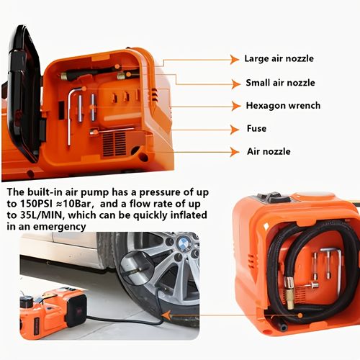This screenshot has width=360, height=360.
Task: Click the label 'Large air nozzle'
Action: (x=279, y=58)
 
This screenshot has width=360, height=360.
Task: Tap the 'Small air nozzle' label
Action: (x=280, y=83)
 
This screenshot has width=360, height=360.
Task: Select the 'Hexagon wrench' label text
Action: (x=283, y=106)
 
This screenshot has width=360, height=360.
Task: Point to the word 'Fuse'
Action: (x=256, y=128)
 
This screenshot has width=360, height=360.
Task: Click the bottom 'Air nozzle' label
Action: (x=269, y=151)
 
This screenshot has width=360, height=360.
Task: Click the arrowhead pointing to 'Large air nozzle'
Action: (x=235, y=60)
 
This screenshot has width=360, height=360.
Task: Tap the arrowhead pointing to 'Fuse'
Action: (x=235, y=130)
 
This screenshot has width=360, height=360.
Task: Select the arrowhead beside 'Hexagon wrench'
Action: (x=236, y=106)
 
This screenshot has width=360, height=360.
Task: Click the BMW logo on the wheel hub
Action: (x=184, y=243)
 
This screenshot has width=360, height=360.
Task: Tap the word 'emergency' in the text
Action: (x=59, y=227)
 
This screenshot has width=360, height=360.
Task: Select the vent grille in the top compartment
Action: (x=114, y=143)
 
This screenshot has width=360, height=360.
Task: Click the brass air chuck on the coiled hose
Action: (x=289, y=293)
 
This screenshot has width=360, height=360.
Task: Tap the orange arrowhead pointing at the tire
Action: (x=167, y=315)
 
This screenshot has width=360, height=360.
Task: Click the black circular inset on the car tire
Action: (x=136, y=268)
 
